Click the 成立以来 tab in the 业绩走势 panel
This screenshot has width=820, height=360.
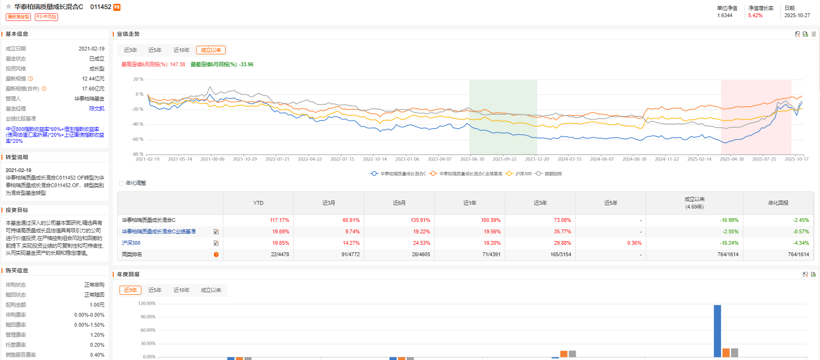(211, 50)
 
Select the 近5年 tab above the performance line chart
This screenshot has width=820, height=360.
(155, 50)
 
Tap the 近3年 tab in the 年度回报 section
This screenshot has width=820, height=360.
(130, 290)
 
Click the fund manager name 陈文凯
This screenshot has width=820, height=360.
(97, 109)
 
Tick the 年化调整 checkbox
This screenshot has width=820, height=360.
(121, 183)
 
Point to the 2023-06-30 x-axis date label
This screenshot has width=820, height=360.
(472, 159)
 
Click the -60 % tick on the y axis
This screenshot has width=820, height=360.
(138, 140)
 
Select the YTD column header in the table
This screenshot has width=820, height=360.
(258, 203)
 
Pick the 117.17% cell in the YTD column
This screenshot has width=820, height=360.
(280, 220)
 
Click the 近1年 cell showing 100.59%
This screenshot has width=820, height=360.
(490, 220)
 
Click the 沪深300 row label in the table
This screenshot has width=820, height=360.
(131, 243)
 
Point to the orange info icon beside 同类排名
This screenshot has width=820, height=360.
(216, 254)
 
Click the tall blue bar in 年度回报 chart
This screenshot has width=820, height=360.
(717, 331)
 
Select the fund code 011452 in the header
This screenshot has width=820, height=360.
(100, 7)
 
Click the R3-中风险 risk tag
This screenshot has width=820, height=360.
(46, 17)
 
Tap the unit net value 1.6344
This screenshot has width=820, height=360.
(725, 15)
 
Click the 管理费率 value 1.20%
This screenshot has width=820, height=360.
(97, 335)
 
